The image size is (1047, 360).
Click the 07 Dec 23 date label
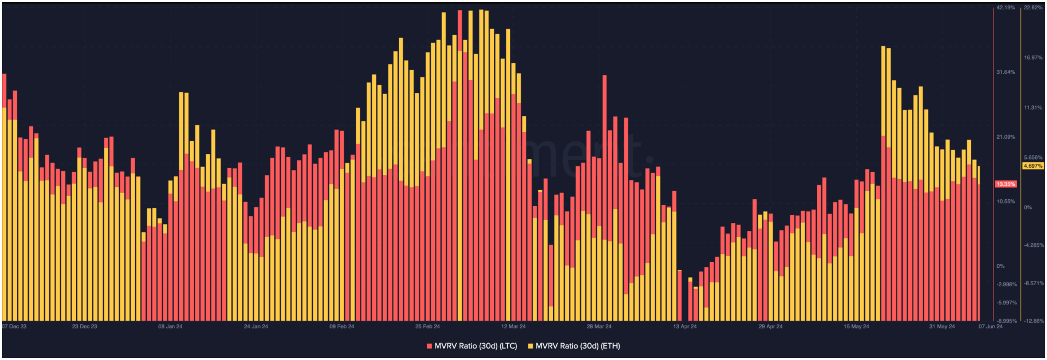coord(14,327)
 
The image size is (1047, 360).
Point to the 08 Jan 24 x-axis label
coord(170,327)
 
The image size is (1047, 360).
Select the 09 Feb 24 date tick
coord(342,327)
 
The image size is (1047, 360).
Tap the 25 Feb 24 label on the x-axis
coord(427,327)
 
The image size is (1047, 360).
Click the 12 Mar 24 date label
coord(513,327)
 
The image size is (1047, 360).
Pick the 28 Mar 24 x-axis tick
coord(599,327)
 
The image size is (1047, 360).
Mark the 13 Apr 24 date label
coord(685,327)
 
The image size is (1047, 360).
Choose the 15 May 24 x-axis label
coord(856,327)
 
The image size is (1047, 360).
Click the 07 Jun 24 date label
coord(990,327)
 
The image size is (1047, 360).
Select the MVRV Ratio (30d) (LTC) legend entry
coord(472,346)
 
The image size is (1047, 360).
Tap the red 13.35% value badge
coord(1005,184)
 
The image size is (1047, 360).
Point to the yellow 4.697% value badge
coord(1033,166)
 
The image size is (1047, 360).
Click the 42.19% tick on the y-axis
coord(1005,8)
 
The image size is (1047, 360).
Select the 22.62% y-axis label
coord(1033,8)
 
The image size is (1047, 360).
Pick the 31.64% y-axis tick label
coord(1005,72)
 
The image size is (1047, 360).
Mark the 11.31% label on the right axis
coord(1033,108)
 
